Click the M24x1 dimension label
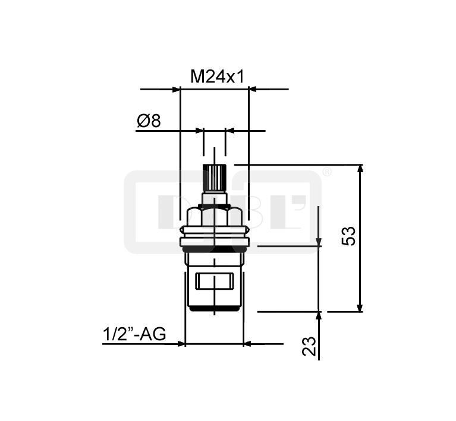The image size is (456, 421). (x=217, y=77)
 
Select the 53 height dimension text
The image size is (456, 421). (x=348, y=236)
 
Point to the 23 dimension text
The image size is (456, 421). (x=309, y=346)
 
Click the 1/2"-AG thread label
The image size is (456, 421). (x=134, y=334)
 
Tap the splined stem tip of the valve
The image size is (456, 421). (x=215, y=177)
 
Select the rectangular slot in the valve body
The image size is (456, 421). (x=215, y=281)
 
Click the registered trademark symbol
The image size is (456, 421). (x=327, y=172)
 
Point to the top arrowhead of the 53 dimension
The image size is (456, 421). (x=360, y=169)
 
